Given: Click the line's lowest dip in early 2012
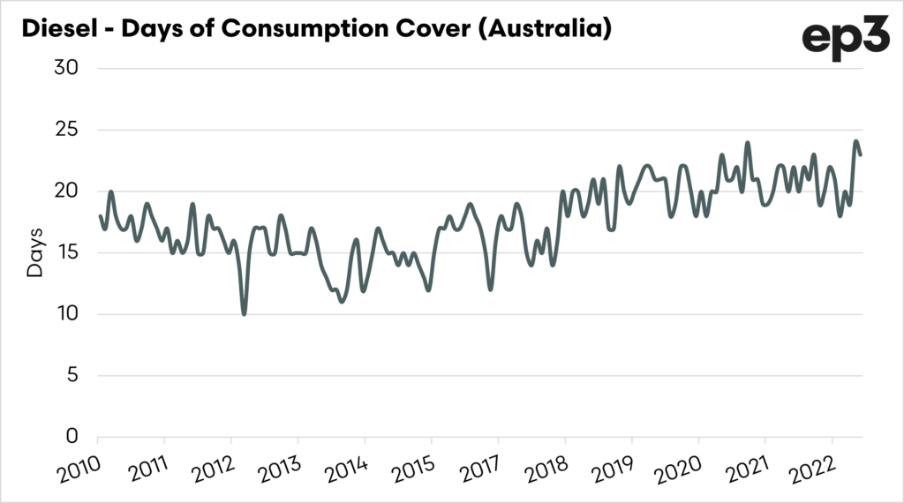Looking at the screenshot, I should tap(244, 313).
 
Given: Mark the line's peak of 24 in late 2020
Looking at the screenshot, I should tap(747, 142).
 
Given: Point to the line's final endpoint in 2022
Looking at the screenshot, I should tap(861, 155).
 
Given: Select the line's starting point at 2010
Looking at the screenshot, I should tap(100, 216).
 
